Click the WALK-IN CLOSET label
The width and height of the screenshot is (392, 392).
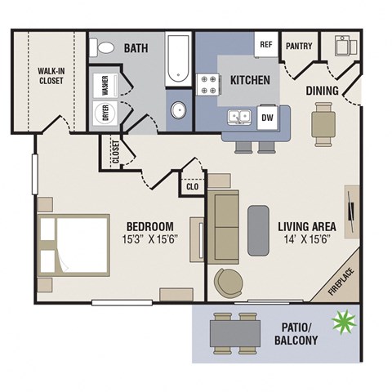point(51,76)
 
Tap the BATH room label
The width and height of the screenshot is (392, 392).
point(136,49)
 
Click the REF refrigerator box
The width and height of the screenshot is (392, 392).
point(265,46)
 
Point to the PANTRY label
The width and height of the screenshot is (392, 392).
point(298,46)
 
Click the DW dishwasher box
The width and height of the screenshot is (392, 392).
point(266,118)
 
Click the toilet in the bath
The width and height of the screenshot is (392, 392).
point(102,49)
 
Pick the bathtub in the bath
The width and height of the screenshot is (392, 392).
point(178,59)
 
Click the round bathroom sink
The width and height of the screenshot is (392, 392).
point(179,110)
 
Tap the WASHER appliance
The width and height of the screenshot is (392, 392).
point(105,83)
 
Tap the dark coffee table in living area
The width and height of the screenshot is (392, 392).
point(258,228)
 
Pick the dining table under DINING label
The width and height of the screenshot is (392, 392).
point(323,122)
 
